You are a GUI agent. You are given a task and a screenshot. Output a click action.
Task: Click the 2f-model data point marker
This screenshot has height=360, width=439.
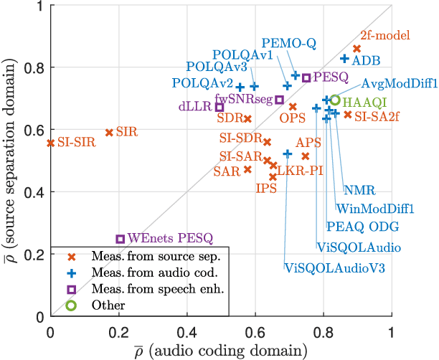[357, 49]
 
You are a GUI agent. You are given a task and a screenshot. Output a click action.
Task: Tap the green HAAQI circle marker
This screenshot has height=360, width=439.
[335, 100]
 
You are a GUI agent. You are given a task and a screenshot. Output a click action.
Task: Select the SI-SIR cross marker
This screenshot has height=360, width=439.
[50, 143]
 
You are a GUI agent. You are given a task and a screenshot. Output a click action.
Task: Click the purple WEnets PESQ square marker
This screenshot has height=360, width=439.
[121, 239]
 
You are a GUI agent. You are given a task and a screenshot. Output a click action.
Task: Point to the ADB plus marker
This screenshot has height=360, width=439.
[344, 59]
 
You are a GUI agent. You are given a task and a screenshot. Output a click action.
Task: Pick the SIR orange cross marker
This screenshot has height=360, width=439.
[109, 133]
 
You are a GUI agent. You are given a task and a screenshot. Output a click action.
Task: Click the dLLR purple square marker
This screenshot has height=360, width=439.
[219, 107]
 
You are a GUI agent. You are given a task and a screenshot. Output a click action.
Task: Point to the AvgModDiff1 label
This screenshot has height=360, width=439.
[400, 83]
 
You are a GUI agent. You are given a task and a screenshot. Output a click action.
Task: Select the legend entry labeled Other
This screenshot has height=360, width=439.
[103, 305]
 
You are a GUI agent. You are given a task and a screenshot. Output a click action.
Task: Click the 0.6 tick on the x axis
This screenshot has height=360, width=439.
[255, 333]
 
